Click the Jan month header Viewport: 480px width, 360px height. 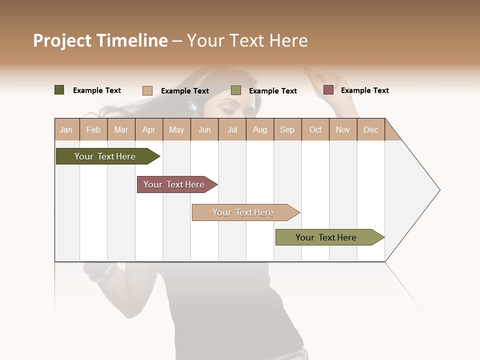(66, 129)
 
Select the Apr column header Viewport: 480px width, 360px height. (149, 129)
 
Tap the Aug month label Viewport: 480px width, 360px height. (260, 129)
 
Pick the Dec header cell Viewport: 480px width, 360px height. (371, 129)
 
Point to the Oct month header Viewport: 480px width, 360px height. (315, 129)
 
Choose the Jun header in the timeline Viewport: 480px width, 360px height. (204, 129)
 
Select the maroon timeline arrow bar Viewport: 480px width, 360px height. (175, 184)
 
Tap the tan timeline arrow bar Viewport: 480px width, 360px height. (244, 212)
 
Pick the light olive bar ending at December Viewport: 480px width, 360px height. (327, 237)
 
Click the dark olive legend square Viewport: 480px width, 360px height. (59, 90)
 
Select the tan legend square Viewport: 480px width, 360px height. (147, 90)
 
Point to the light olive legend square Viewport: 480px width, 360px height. (236, 90)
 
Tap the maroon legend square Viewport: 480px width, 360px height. (328, 90)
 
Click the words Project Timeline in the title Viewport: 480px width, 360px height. (100, 40)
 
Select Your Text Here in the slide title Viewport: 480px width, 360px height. (247, 40)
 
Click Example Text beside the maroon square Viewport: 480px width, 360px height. (364, 90)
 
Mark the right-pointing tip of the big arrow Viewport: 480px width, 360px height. (438, 190)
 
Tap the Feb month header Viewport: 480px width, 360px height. (93, 129)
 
